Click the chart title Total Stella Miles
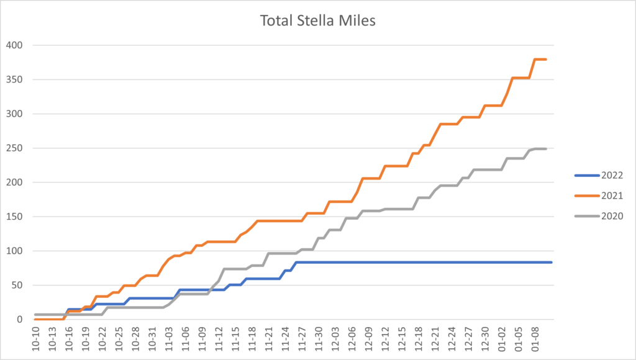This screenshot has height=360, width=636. pos(317,21)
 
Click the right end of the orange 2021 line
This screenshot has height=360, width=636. pos(545,60)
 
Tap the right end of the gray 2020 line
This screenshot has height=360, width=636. pos(545,148)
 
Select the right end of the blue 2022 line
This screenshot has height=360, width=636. pos(552,263)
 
